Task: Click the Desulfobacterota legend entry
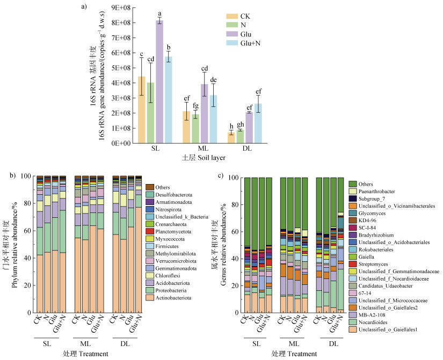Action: (x=171, y=195)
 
